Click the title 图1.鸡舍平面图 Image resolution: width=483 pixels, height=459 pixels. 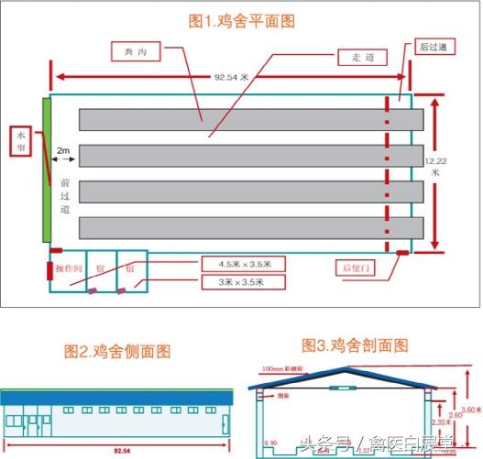click(x=242, y=19)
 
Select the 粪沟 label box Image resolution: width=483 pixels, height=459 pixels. click(x=136, y=53)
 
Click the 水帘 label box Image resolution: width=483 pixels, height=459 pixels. click(x=20, y=141)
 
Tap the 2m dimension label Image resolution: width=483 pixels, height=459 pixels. click(x=63, y=148)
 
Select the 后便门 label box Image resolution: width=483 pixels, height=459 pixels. click(x=358, y=268)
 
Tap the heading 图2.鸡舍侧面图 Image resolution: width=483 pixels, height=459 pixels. click(x=117, y=351)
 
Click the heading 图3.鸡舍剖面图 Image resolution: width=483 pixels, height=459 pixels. click(x=355, y=345)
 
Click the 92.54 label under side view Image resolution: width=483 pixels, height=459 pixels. click(x=119, y=451)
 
